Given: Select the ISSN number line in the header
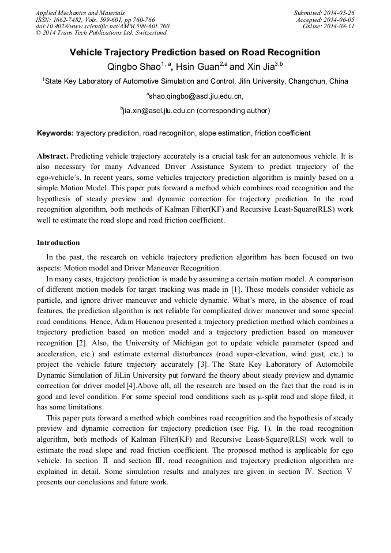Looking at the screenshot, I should click(95, 19).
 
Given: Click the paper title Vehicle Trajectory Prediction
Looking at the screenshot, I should click(195, 52).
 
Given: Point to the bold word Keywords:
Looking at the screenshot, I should click(55, 133).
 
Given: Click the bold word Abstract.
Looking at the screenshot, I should click(53, 156).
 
